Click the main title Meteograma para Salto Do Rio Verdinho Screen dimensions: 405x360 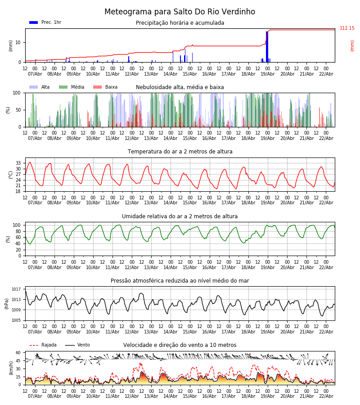[x=180, y=12]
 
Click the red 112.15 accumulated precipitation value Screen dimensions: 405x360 [x=347, y=28]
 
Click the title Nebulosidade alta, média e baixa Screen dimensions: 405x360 [x=180, y=87]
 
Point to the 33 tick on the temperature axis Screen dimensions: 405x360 [x=18, y=163]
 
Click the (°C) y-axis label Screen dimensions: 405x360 [x=11, y=174]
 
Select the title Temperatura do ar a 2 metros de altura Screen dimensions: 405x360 [x=180, y=152]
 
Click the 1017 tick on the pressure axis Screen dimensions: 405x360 [x=16, y=289]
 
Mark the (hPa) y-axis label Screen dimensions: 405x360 [x=6, y=303]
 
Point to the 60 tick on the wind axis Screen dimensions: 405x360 [x=18, y=353]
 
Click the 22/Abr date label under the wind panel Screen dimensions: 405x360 [x=326, y=396]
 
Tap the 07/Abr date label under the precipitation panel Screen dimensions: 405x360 [x=35, y=74]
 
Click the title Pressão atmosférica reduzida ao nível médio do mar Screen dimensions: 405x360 [x=180, y=281]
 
